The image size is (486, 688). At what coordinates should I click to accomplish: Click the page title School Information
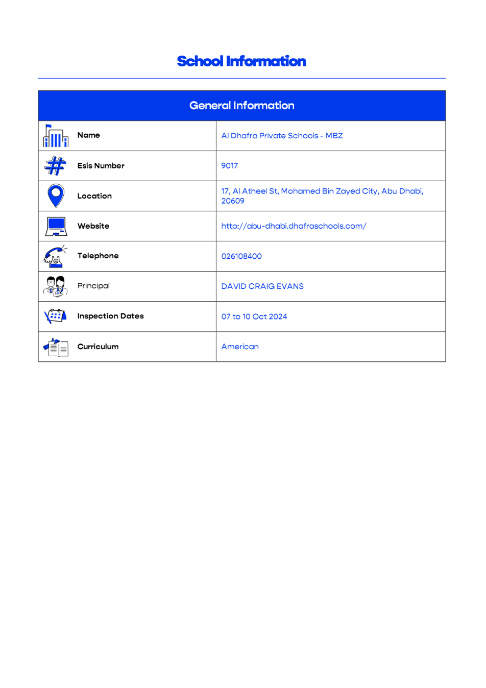pyautogui.click(x=241, y=61)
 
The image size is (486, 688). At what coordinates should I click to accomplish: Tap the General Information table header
pyautogui.click(x=241, y=106)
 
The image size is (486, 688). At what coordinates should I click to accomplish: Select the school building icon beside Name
pyautogui.click(x=56, y=136)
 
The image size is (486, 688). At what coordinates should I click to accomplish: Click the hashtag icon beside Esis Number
pyautogui.click(x=55, y=166)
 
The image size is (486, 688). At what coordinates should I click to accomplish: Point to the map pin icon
pyautogui.click(x=56, y=195)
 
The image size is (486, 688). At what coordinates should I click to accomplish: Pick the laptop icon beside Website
pyautogui.click(x=56, y=226)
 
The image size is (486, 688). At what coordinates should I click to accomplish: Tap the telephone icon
pyautogui.click(x=55, y=256)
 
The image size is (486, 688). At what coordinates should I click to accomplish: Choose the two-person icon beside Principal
pyautogui.click(x=56, y=286)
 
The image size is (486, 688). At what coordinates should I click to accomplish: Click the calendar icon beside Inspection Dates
pyautogui.click(x=55, y=316)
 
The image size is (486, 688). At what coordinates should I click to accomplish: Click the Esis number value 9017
pyautogui.click(x=229, y=166)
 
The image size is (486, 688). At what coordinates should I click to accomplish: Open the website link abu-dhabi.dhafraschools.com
pyautogui.click(x=294, y=226)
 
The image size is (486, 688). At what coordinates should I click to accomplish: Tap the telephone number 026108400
pyautogui.click(x=241, y=256)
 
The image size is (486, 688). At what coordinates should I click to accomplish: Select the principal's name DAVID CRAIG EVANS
pyautogui.click(x=262, y=286)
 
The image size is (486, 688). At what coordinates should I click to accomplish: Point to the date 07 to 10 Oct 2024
pyautogui.click(x=254, y=316)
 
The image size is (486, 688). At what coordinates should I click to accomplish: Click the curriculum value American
pyautogui.click(x=240, y=347)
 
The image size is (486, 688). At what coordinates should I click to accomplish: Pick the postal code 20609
pyautogui.click(x=233, y=201)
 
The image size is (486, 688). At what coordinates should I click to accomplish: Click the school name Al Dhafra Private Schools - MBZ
pyautogui.click(x=282, y=136)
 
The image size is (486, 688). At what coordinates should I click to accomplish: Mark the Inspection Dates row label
pyautogui.click(x=110, y=316)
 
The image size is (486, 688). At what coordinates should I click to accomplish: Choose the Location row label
pyautogui.click(x=94, y=196)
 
